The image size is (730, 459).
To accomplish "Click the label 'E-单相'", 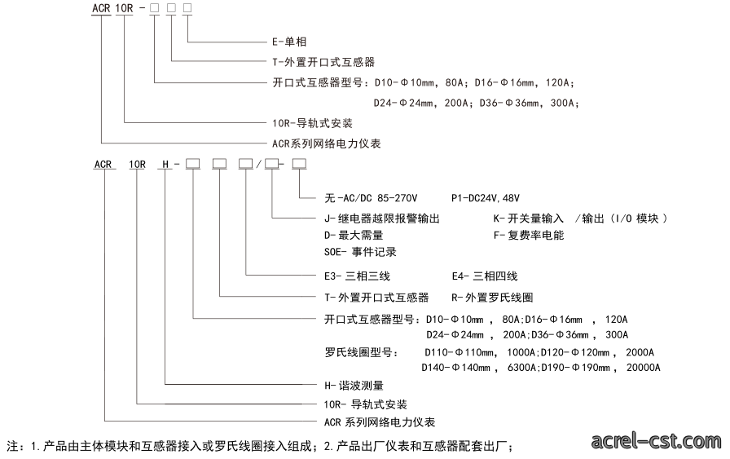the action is tap(289, 42).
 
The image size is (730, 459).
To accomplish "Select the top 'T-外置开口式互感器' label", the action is tap(323, 62).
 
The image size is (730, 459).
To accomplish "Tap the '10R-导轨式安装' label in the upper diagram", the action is tap(312, 123).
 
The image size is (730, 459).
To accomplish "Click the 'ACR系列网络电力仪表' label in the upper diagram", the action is tap(327, 143).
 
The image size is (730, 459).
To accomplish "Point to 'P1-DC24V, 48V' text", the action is tap(485, 198).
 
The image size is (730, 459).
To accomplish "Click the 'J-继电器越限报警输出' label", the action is tap(382, 218).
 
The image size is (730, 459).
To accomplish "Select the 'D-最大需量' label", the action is tap(354, 236).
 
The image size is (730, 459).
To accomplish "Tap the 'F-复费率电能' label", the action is tap(529, 236).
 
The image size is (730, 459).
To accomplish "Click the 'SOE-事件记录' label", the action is tap(360, 252).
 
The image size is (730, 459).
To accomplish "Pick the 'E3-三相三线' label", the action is tap(357, 276).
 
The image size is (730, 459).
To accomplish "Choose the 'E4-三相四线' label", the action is tap(485, 276).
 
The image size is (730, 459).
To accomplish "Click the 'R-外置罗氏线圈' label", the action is tap(492, 298).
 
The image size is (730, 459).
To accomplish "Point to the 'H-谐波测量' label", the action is tap(354, 386).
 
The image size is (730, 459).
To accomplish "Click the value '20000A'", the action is tap(643, 368).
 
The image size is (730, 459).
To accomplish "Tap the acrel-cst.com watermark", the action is tap(656, 440).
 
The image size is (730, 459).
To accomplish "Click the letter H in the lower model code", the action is tap(165, 165).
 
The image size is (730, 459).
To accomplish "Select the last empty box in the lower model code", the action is tap(299, 163).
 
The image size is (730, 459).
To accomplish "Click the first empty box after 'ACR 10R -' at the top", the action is tap(154, 7).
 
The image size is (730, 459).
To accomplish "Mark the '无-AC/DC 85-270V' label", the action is tap(371, 198).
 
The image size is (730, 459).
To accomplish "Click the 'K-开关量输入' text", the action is tap(529, 218).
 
